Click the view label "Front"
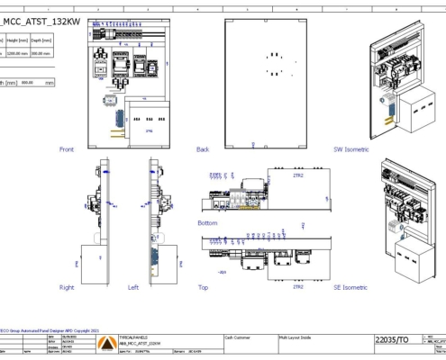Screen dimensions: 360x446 67,148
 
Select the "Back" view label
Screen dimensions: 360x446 203,148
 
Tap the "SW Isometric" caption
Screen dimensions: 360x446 351,148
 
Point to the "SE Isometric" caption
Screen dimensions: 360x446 350,288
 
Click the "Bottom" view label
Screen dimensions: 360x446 207,221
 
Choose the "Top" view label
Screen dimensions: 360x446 202,288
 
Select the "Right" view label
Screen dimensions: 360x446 67,288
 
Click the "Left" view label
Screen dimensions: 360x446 133,288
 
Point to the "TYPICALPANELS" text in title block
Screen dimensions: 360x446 137,332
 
